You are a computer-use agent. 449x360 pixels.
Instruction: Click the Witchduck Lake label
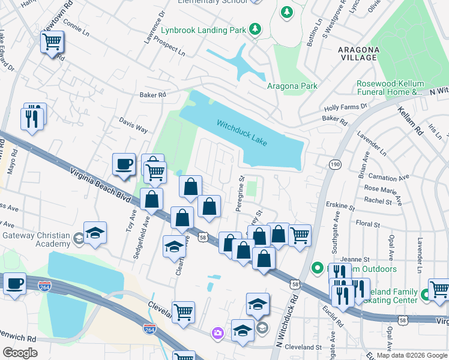tap(242, 132)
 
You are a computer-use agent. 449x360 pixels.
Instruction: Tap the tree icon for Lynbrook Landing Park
tap(256, 28)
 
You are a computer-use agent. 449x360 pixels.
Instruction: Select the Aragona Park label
tap(292, 86)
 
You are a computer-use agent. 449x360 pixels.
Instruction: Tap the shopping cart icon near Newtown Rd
tap(52, 43)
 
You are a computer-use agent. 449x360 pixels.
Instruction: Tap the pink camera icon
tap(217, 332)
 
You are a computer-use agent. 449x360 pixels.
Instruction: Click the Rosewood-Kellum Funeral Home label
tap(390, 88)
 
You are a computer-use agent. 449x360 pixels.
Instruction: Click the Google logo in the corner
tap(20, 353)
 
